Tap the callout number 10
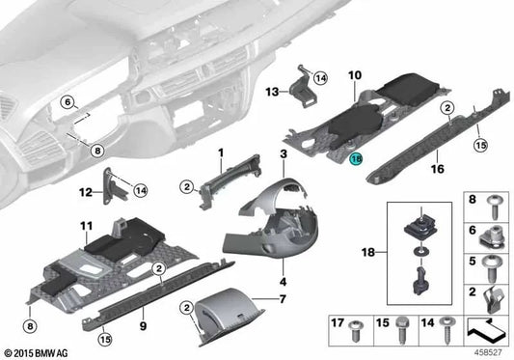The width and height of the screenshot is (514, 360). pyautogui.click(x=354, y=73)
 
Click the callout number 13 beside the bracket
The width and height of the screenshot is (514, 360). pyautogui.click(x=273, y=92)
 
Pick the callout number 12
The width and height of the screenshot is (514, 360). pyautogui.click(x=85, y=192)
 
